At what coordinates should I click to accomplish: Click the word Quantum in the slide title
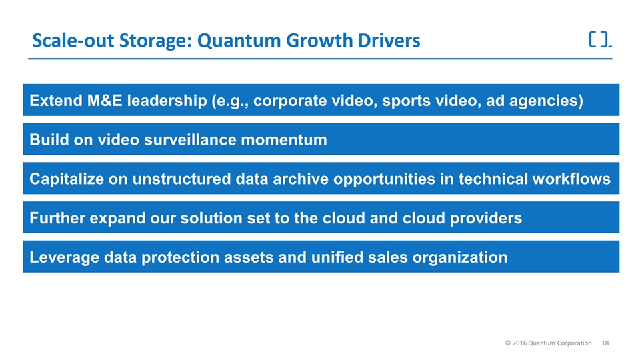pos(239,41)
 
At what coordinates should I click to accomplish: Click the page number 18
pos(605,343)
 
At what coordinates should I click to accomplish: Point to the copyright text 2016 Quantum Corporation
pos(548,343)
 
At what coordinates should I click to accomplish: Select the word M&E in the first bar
pos(105,101)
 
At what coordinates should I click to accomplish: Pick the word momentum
pos(284,140)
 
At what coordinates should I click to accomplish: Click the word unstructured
pos(181,179)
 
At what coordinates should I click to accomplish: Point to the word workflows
pos(572,179)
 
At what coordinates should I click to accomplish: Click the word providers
pos(486,219)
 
